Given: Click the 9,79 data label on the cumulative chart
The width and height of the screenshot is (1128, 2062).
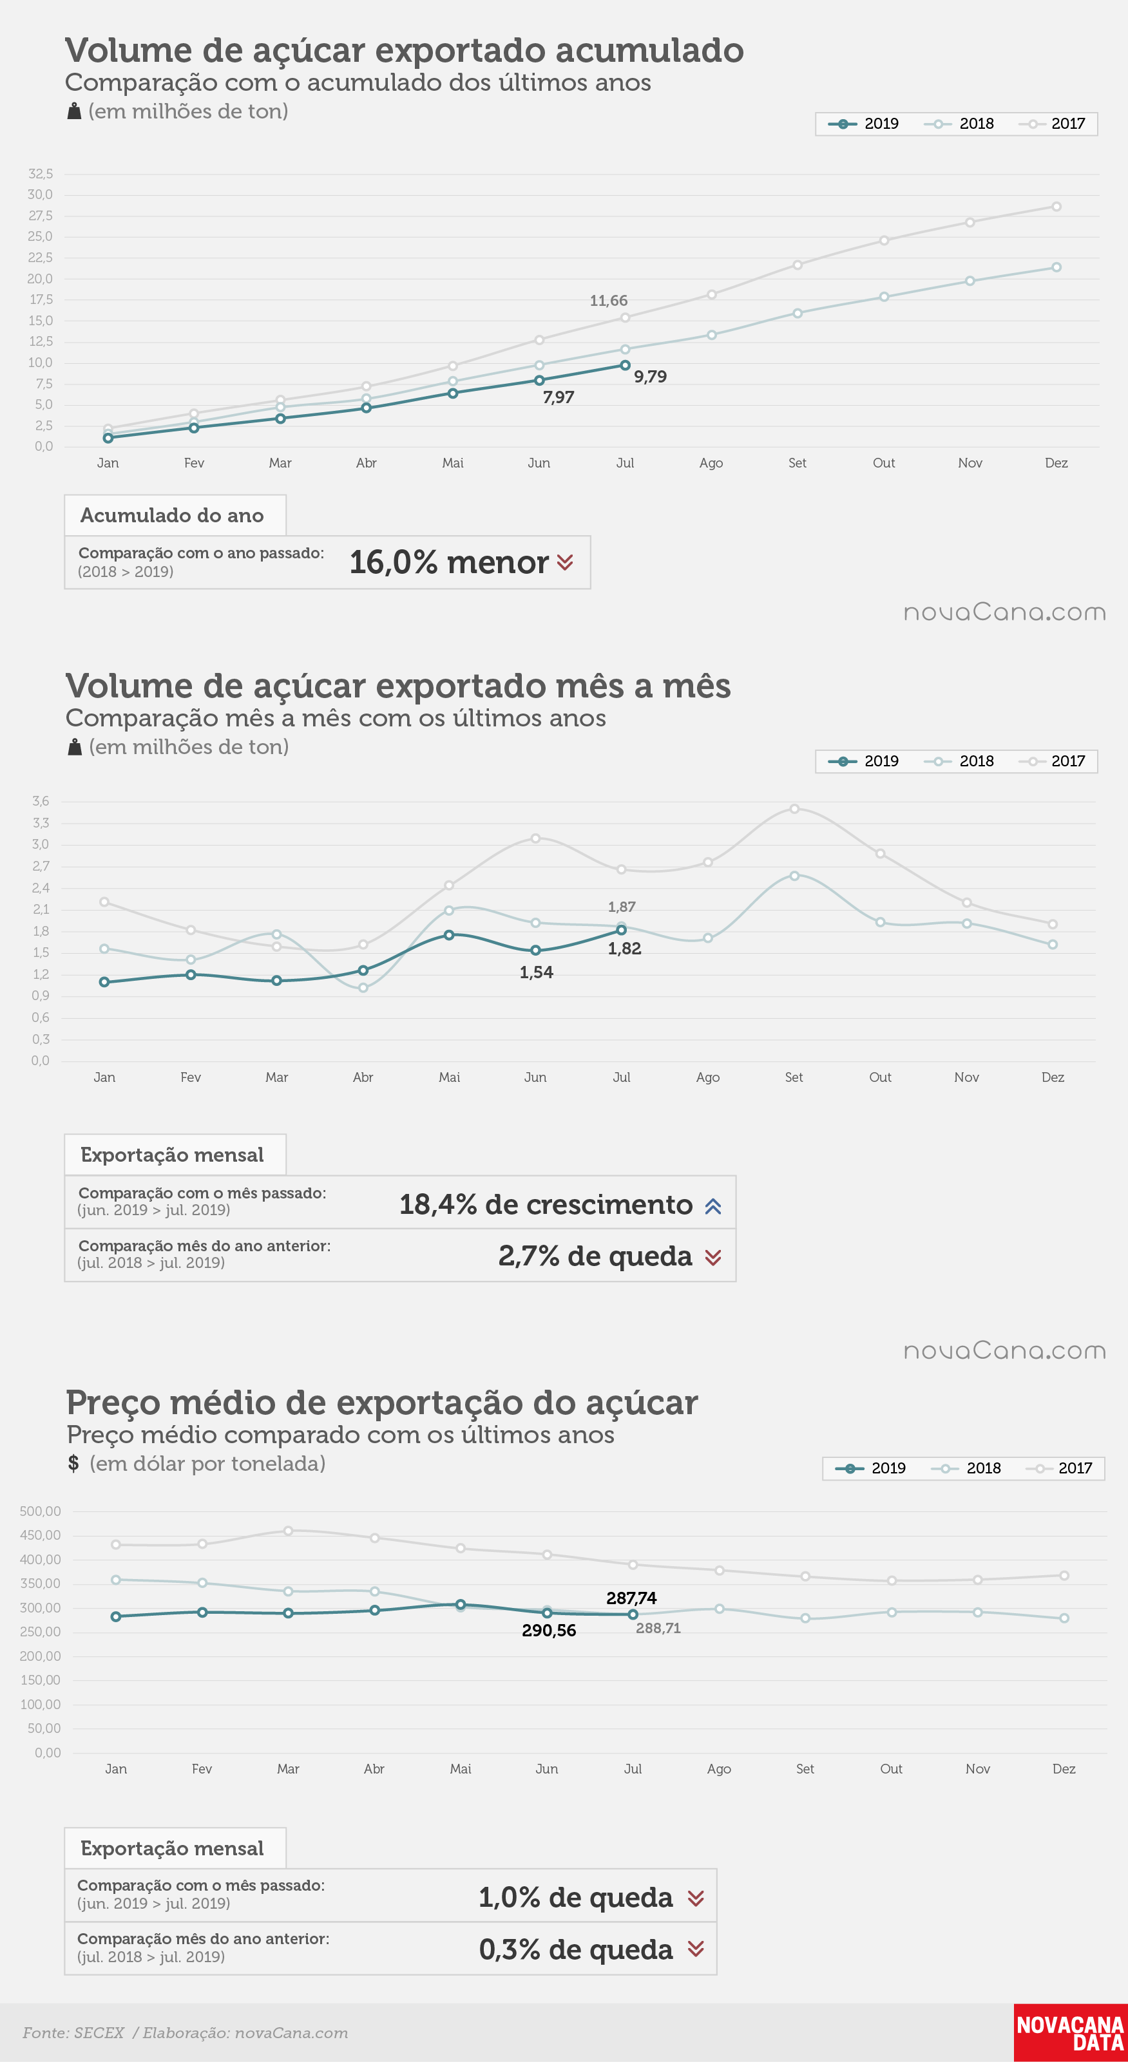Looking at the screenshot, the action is pyautogui.click(x=650, y=377).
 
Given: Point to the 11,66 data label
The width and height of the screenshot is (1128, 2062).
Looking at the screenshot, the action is pyautogui.click(x=608, y=301).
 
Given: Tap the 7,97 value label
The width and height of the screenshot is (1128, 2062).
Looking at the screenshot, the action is pyautogui.click(x=558, y=398).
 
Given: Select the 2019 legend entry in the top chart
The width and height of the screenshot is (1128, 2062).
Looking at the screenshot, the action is pyautogui.click(x=864, y=123).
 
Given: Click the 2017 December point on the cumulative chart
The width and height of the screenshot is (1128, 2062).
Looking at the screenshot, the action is pyautogui.click(x=1056, y=207).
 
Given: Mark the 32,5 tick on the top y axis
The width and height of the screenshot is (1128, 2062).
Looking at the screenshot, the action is pyautogui.click(x=40, y=174).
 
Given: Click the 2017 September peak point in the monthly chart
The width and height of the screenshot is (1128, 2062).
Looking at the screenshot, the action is pyautogui.click(x=794, y=808).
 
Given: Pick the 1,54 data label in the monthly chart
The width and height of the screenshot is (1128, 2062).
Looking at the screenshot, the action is pyautogui.click(x=537, y=972).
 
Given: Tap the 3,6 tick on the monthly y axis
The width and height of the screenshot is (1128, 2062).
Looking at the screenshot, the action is pyautogui.click(x=40, y=801).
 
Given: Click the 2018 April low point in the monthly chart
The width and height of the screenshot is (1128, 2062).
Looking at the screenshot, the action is pyautogui.click(x=363, y=988).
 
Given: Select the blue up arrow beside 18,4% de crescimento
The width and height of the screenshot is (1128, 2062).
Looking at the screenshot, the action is pyautogui.click(x=713, y=1206).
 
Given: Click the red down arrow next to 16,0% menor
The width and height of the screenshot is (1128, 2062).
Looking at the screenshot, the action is pyautogui.click(x=565, y=563).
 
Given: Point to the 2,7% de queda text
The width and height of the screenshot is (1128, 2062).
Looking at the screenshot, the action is pyautogui.click(x=595, y=1256).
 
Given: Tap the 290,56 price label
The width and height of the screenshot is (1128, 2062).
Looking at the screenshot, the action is pyautogui.click(x=548, y=1631).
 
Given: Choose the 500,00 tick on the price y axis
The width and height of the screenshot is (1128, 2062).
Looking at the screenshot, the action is pyautogui.click(x=40, y=1511).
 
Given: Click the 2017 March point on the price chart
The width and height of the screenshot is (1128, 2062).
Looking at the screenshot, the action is pyautogui.click(x=288, y=1531).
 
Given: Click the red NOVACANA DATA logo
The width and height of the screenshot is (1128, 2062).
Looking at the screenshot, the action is pyautogui.click(x=1071, y=2032).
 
